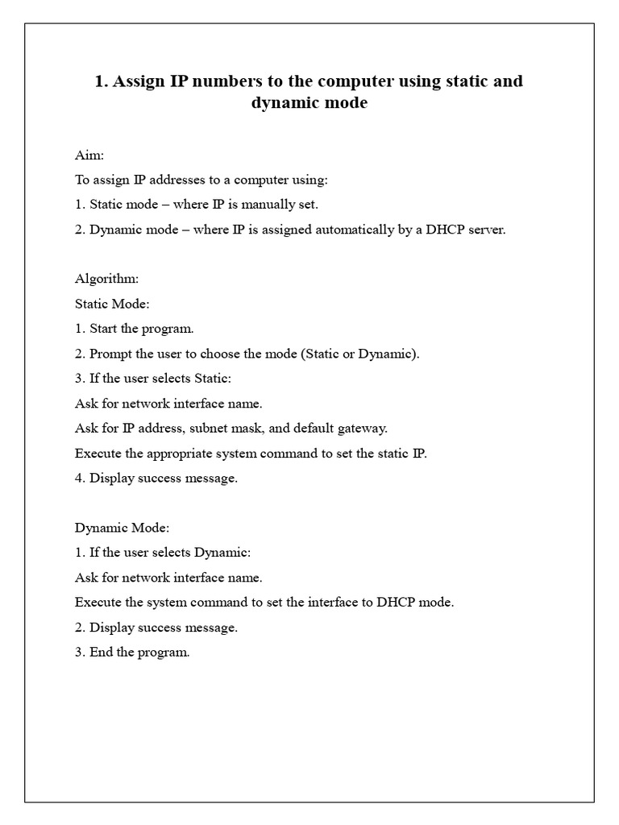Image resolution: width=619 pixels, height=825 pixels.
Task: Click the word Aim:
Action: coord(89,155)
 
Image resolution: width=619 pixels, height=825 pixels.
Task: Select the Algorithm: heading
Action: coord(106,279)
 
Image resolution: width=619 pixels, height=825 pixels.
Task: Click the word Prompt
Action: coord(110,354)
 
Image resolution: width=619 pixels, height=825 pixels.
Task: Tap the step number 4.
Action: coord(79,478)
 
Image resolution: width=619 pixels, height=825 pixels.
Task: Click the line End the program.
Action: coord(132,652)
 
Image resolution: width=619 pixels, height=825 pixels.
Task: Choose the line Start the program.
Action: coord(135,329)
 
